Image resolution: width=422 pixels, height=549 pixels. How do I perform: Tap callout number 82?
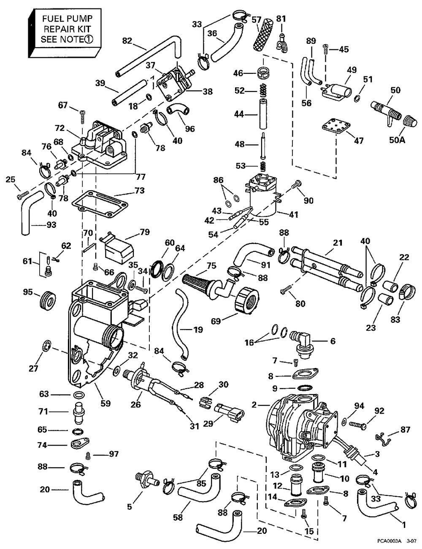pos(127,41)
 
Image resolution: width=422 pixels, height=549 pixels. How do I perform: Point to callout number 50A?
pos(397,140)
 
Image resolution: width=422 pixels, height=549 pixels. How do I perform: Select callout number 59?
pos(105,403)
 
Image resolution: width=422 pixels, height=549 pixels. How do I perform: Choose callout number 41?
pos(293,214)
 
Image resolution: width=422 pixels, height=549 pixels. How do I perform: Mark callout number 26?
pos(135,405)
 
